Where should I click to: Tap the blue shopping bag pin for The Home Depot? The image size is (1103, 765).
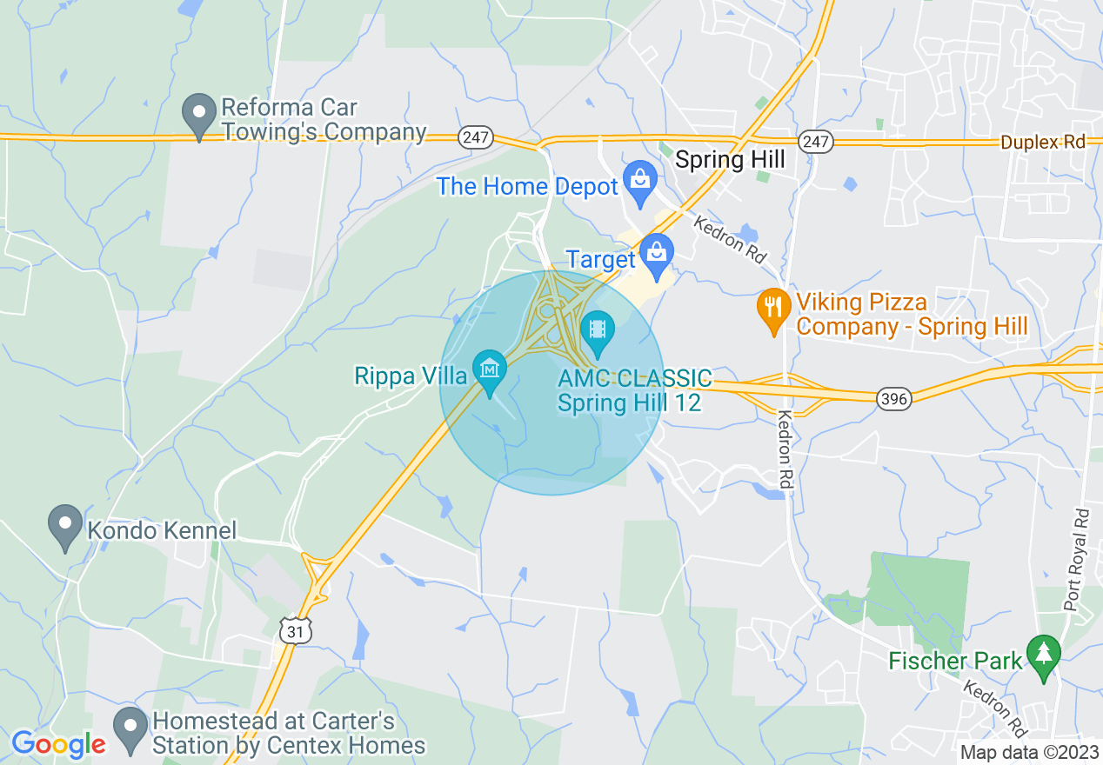click(640, 180)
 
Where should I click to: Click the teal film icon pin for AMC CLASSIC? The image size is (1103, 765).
click(597, 331)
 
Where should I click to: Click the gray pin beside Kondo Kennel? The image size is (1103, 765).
click(65, 527)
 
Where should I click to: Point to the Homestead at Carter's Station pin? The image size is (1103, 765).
click(131, 730)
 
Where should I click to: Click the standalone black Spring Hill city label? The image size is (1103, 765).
click(730, 160)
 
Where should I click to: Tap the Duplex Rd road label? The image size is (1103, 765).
click(1043, 142)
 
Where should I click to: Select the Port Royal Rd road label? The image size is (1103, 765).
click(1078, 560)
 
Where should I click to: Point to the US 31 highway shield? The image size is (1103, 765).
click(296, 631)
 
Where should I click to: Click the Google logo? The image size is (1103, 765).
click(58, 743)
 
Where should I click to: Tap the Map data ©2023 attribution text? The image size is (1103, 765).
click(1029, 753)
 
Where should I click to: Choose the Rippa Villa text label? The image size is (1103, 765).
click(411, 376)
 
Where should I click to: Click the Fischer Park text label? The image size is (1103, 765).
click(955, 662)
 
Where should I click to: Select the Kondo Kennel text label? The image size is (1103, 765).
click(162, 530)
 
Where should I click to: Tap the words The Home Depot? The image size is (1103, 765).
click(528, 186)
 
